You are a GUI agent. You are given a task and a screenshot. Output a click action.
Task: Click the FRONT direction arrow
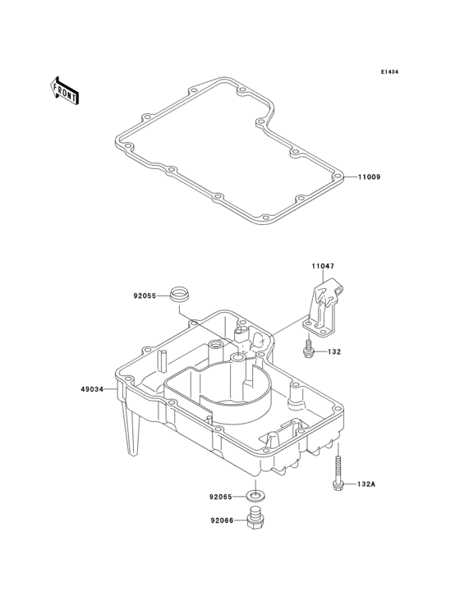[x=64, y=90]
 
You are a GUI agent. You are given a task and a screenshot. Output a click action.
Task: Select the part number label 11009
[x=370, y=177]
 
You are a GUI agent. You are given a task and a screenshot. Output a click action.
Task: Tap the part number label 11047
[x=323, y=266]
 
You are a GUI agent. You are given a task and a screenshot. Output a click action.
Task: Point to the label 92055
[x=145, y=296]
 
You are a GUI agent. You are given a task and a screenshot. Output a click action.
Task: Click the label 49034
[x=92, y=389]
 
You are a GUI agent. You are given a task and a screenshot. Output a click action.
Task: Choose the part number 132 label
[x=334, y=351]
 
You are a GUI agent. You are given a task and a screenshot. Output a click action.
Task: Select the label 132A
[x=366, y=484]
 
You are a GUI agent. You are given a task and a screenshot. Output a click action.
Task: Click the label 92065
[x=220, y=497]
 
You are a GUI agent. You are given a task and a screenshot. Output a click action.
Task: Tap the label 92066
[x=222, y=521]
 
